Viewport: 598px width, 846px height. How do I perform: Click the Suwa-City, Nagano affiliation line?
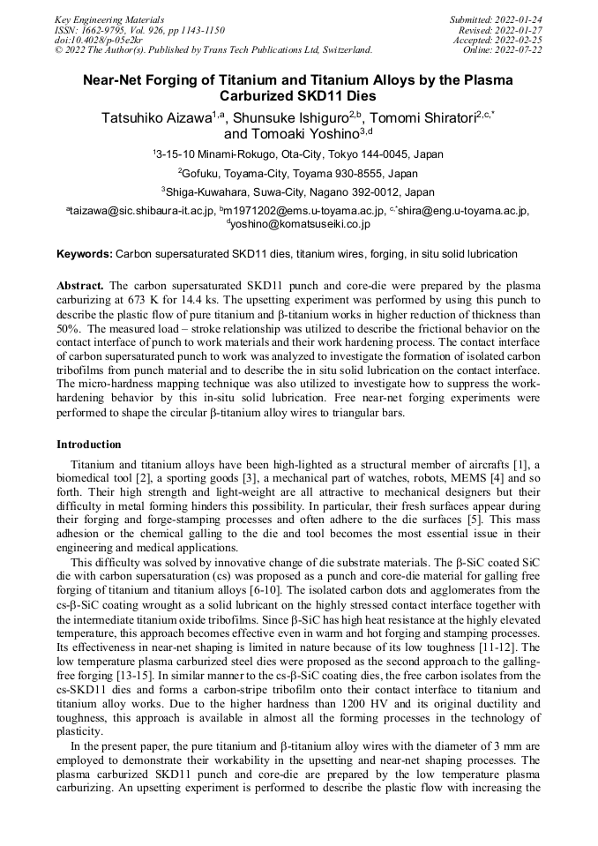click(298, 191)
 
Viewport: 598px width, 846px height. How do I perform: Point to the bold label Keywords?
click(85, 254)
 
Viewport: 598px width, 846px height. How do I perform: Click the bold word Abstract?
click(80, 287)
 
